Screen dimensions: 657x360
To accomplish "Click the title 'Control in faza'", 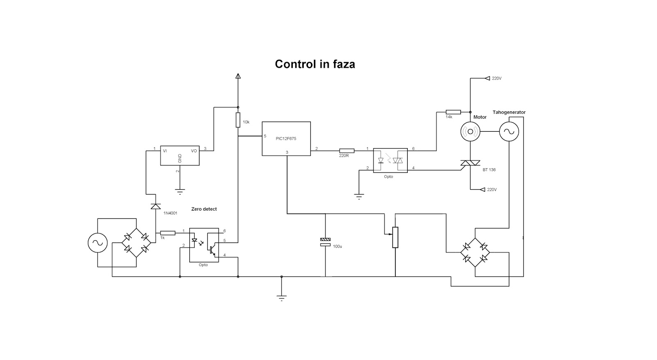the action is tap(315, 64).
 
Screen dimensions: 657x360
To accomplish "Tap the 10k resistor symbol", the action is tap(238, 120).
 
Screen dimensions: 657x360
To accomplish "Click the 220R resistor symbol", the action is tap(347, 151).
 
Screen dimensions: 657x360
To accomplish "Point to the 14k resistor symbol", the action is tap(453, 112).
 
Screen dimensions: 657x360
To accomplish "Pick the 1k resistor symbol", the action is tap(168, 233).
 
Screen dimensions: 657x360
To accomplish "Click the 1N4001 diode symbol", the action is tap(156, 206).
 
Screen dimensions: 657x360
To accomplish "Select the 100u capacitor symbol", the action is tap(325, 242).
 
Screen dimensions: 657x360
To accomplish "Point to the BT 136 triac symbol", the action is tap(470, 163).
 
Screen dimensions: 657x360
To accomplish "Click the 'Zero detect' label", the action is tap(204, 209).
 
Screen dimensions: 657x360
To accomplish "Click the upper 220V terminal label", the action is tap(496, 78).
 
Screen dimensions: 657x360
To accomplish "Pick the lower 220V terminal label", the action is tap(492, 190).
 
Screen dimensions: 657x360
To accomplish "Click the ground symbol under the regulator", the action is tap(180, 192).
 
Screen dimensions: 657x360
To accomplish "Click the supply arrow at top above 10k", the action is tap(238, 76).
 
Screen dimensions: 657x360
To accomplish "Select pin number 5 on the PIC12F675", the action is tap(265, 136).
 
